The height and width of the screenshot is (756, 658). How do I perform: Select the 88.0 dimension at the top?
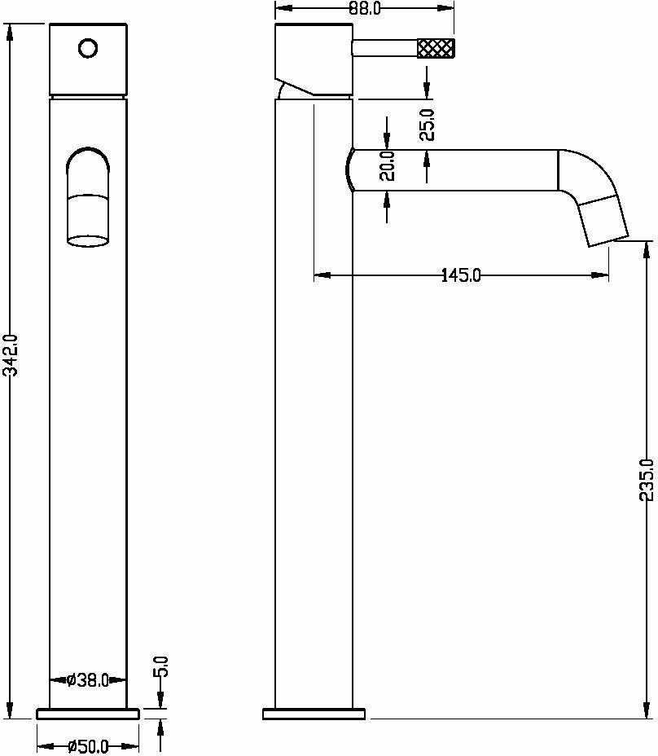pyautogui.click(x=365, y=9)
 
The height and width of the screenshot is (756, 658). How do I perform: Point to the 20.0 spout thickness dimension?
pyautogui.click(x=387, y=165)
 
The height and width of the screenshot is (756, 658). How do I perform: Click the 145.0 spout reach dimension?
pyautogui.click(x=461, y=275)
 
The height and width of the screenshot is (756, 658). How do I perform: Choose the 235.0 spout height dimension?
pyautogui.click(x=647, y=480)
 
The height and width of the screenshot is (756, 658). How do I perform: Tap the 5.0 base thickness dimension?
pyautogui.click(x=161, y=668)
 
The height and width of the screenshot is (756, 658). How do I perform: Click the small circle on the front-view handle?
pyautogui.click(x=87, y=48)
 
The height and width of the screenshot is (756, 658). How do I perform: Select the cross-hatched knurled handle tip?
pyautogui.click(x=436, y=48)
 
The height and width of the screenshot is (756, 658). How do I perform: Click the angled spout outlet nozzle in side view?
pyautogui.click(x=603, y=221)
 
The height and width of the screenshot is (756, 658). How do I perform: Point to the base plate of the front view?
pyautogui.click(x=88, y=714)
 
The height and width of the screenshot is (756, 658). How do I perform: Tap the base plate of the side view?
pyautogui.click(x=314, y=714)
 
